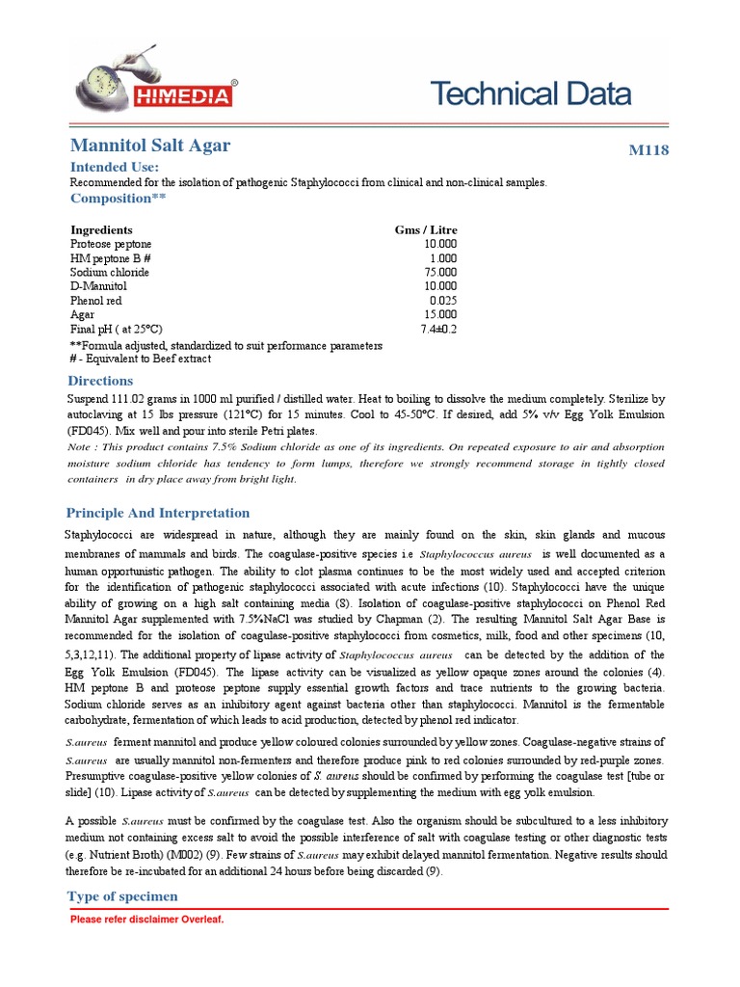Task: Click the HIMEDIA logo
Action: [x=154, y=80]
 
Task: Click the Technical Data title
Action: [x=530, y=93]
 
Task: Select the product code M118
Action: [x=647, y=150]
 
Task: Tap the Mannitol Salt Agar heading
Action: [x=150, y=146]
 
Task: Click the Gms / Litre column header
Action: [x=426, y=230]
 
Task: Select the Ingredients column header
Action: [x=99, y=230]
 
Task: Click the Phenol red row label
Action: [x=97, y=301]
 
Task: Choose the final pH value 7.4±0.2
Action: [x=438, y=329]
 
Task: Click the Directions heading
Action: [x=100, y=381]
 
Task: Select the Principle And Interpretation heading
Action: [x=157, y=513]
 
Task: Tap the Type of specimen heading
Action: [x=122, y=896]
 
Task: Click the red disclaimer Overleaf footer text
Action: [x=146, y=920]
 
